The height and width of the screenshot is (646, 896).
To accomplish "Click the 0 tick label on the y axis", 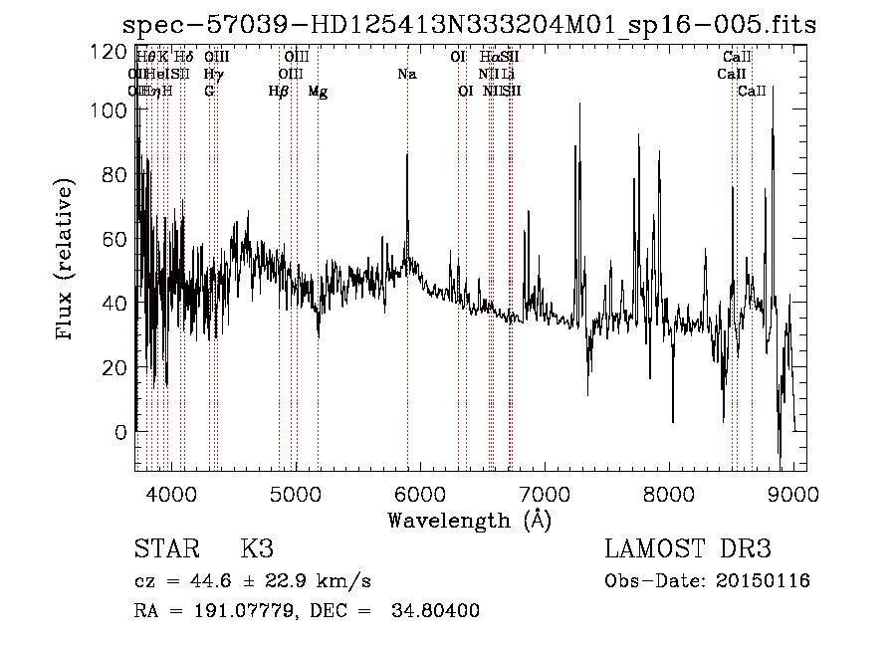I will (120, 432).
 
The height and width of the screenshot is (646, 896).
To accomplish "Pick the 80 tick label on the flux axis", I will (114, 176).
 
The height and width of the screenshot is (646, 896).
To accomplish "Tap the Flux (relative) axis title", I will (67, 261).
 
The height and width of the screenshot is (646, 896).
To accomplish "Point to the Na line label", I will (407, 75).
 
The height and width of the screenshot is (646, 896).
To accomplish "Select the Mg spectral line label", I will (318, 92).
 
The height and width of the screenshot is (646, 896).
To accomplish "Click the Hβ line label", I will (279, 92).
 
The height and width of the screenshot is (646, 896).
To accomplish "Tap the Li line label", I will (508, 75).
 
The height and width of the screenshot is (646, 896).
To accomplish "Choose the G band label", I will (209, 92).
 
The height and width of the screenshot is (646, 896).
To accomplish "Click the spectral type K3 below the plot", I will (257, 549).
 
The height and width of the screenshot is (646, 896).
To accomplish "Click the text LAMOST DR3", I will (688, 549).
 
